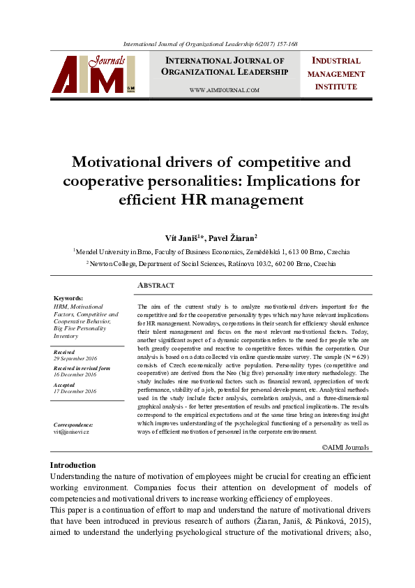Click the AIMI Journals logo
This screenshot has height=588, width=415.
click(x=93, y=75)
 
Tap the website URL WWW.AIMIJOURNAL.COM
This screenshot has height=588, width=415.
click(x=224, y=91)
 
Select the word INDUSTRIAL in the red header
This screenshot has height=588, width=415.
click(x=336, y=61)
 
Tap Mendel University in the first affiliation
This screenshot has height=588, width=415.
click(x=104, y=251)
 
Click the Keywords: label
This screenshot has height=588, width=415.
click(x=68, y=298)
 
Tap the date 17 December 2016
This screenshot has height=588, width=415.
click(x=75, y=392)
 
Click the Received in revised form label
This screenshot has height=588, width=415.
click(x=82, y=367)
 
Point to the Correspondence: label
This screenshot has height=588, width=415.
click(x=73, y=425)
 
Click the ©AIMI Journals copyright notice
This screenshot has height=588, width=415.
click(x=346, y=447)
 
